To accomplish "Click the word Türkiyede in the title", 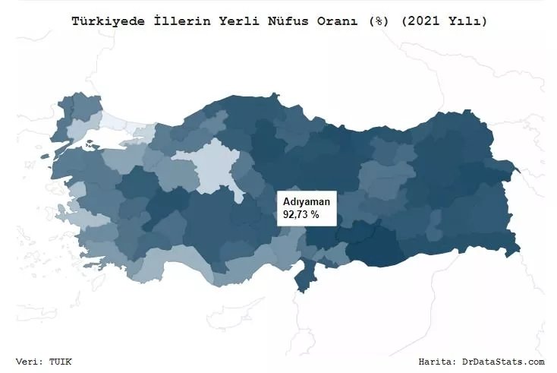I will tap(102, 21).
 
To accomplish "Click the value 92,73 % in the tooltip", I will tap(301, 215).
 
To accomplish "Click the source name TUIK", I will tap(61, 362).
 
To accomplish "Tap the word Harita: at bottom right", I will tap(439, 362).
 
